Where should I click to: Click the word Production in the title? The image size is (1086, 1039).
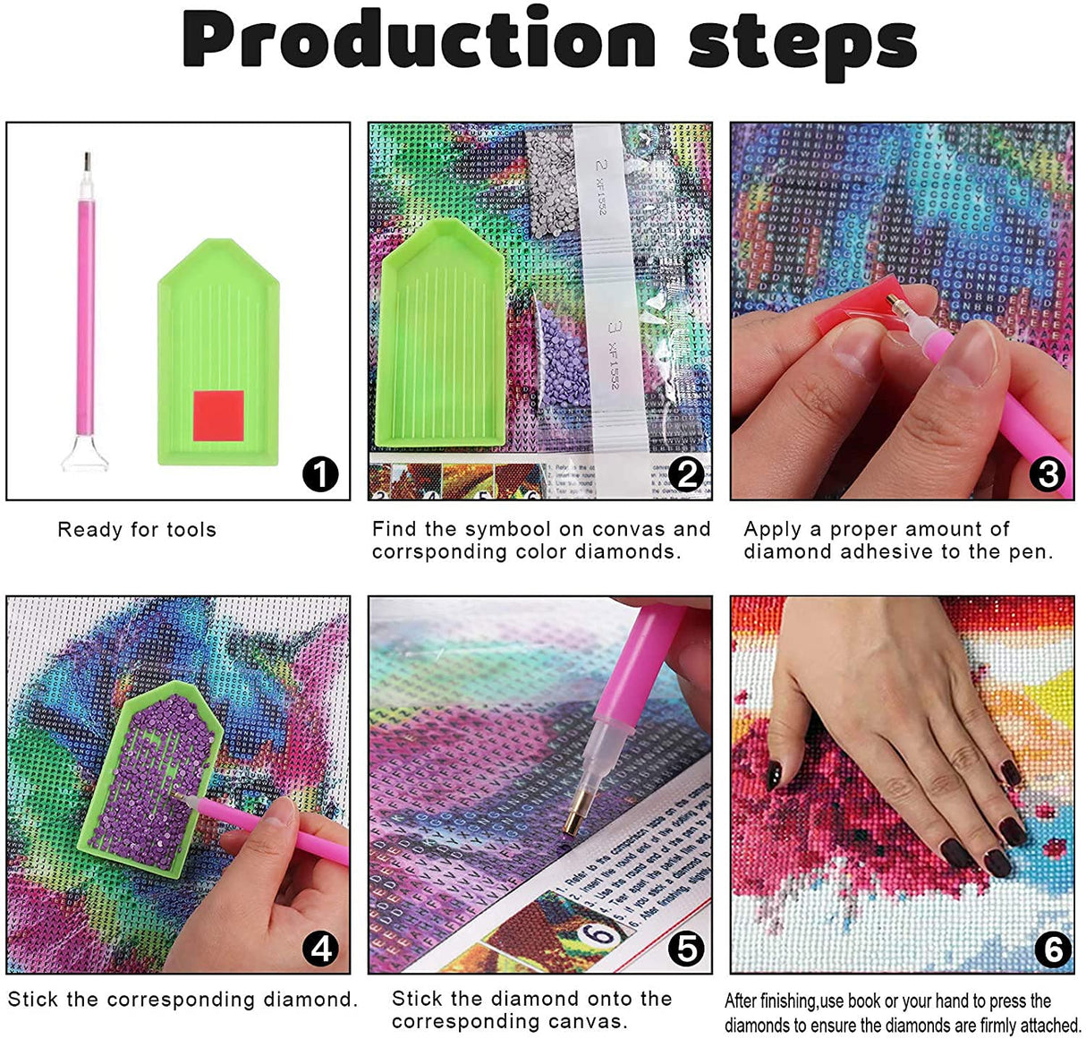(x=419, y=42)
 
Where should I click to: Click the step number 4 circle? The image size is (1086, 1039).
(x=320, y=946)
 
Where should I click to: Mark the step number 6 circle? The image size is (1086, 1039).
(x=1052, y=948)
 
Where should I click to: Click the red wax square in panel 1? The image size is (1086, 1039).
(x=219, y=415)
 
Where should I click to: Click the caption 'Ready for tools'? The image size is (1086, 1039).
(x=137, y=530)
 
